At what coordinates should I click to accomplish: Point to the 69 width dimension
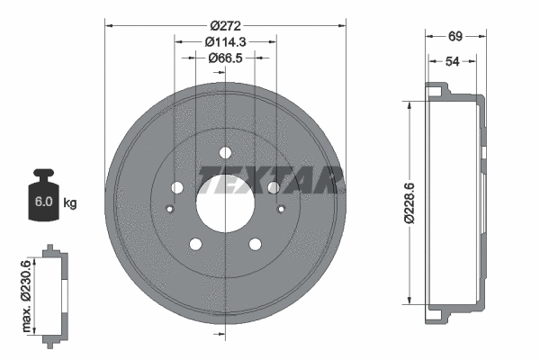(454, 37)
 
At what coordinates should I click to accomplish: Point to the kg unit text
(70, 203)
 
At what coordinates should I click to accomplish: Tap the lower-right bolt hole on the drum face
(254, 243)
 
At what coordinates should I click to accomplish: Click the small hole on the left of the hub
(170, 210)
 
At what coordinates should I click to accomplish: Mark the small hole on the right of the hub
(281, 210)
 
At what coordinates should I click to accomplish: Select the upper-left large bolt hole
(176, 187)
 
